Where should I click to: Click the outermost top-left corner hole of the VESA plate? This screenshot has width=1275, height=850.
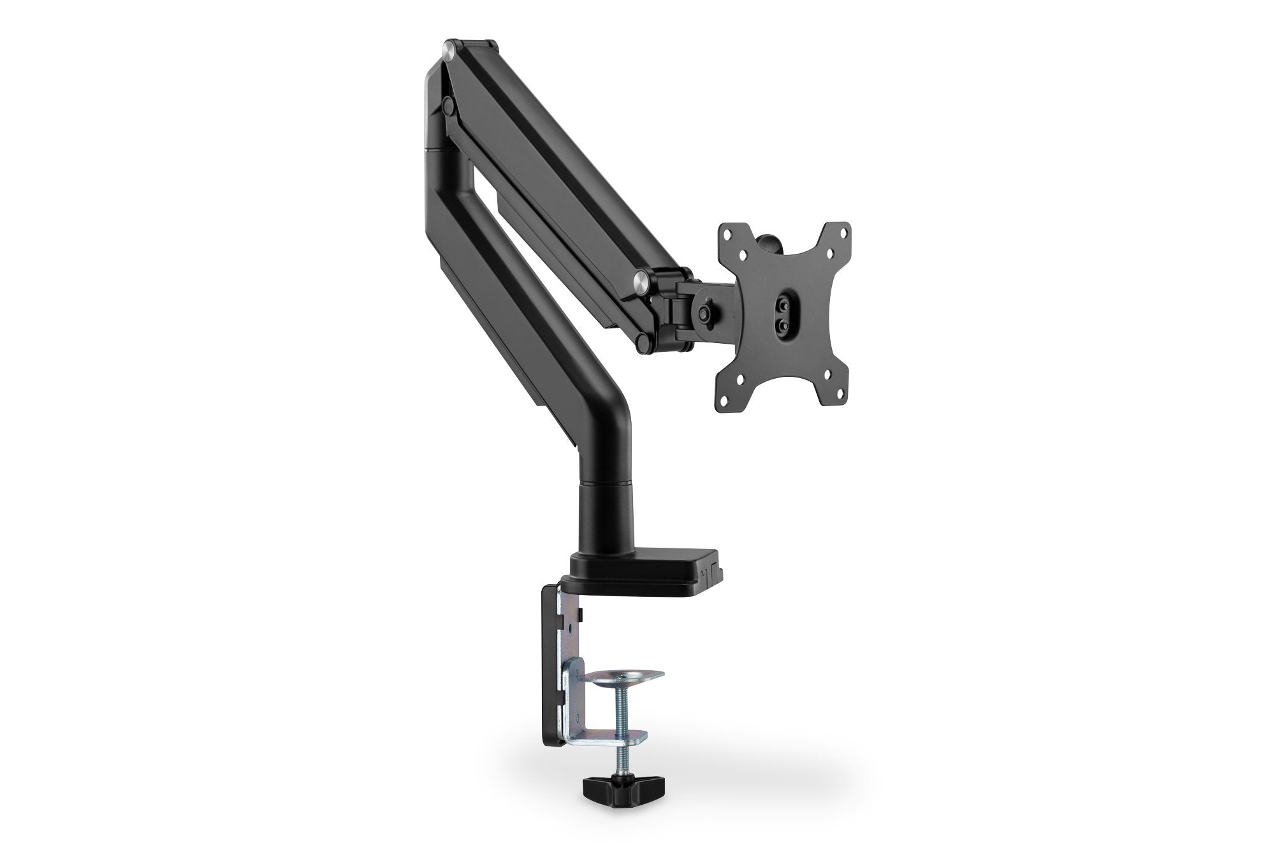click(x=727, y=234)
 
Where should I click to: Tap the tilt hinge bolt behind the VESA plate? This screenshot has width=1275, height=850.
click(x=704, y=313)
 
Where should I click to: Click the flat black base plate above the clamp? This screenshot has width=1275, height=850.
click(x=644, y=565)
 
